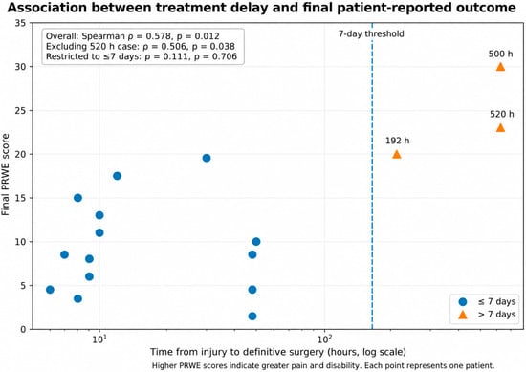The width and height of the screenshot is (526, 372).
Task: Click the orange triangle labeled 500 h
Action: (500, 67)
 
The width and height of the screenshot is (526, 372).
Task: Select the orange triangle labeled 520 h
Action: (500, 128)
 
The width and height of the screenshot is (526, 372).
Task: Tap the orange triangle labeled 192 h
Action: (397, 154)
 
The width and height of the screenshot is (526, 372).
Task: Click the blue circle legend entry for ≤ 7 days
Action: (463, 301)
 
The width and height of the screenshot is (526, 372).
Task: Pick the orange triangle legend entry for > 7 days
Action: (463, 315)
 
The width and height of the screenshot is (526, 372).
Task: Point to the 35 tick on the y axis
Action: (21, 23)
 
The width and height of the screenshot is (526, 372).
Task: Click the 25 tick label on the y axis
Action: (21, 110)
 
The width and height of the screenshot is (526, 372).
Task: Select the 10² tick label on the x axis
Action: (324, 339)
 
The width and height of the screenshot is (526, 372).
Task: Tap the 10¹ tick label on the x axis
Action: (99, 339)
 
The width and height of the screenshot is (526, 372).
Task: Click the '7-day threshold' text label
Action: (371, 33)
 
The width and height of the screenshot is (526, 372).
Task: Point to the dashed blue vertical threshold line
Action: (372, 176)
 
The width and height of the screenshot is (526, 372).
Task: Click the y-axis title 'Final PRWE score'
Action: (6, 174)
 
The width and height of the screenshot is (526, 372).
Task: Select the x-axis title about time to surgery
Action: (277, 352)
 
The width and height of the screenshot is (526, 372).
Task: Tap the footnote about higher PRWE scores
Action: (323, 365)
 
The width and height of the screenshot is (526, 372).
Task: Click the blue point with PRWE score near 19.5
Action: (207, 158)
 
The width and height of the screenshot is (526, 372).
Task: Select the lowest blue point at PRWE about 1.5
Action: (252, 316)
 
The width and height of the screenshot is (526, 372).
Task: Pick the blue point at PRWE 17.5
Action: (117, 176)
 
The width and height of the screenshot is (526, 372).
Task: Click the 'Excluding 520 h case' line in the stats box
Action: (141, 46)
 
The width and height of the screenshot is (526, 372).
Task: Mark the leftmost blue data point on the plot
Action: (50, 290)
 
